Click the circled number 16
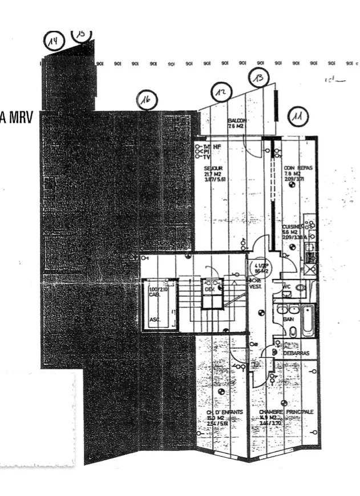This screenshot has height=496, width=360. [x=147, y=100]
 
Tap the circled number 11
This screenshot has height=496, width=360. [x=298, y=116]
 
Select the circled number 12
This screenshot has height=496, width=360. [x=221, y=92]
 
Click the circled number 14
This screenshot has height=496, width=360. [x=55, y=41]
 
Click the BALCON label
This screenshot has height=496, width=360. [x=237, y=121]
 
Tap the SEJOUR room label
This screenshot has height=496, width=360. [x=213, y=169]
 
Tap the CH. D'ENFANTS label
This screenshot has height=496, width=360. [x=217, y=412]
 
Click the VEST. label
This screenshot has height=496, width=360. [x=255, y=287]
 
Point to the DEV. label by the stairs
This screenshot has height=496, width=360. [x=209, y=290]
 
